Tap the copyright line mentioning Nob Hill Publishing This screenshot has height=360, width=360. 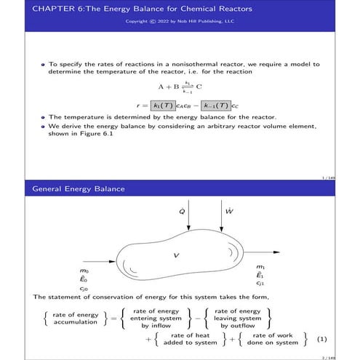click(180, 21)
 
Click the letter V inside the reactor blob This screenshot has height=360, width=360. click(176, 255)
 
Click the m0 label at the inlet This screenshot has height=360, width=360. click(84, 270)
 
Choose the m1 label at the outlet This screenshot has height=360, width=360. click(260, 267)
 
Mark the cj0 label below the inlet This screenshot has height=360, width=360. click(84, 289)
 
